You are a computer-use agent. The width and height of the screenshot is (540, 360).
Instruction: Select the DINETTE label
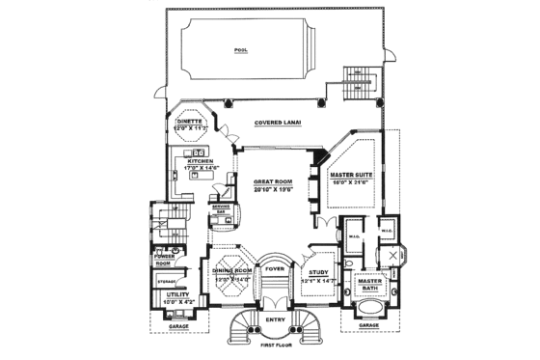(x=189, y=121)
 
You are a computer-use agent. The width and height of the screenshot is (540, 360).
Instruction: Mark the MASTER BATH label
(x=370, y=285)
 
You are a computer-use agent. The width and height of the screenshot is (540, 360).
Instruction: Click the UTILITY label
(x=163, y=294)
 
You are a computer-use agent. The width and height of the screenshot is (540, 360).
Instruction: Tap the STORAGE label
(x=165, y=281)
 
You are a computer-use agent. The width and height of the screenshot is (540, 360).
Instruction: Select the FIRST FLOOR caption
(x=276, y=345)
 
